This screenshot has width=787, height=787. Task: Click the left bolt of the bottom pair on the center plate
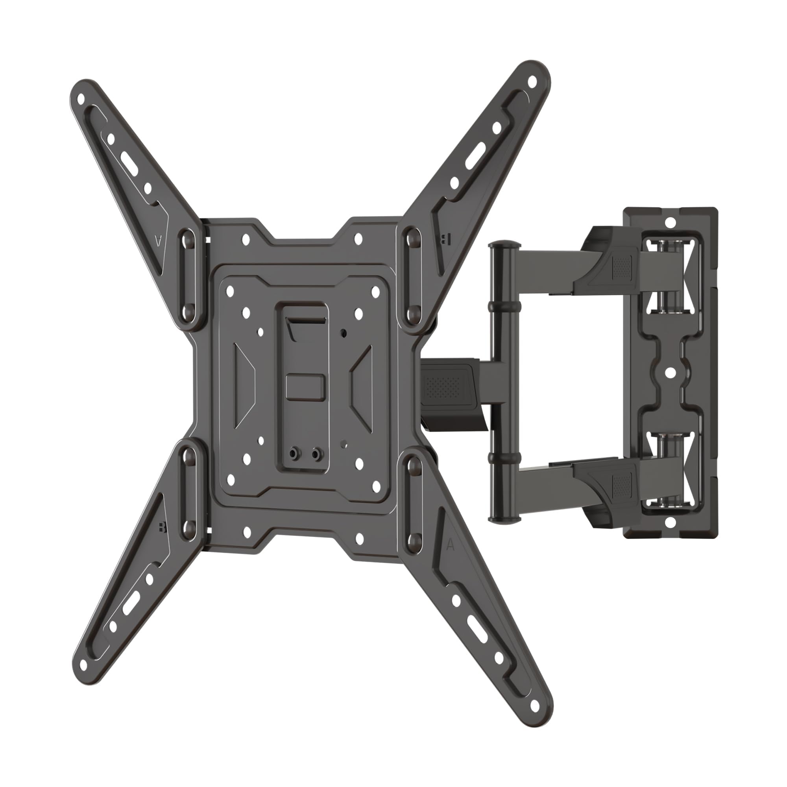pos(293,453)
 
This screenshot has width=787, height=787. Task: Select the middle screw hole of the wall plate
pos(670,372)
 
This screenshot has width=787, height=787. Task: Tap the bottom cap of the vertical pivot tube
pos(506,518)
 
